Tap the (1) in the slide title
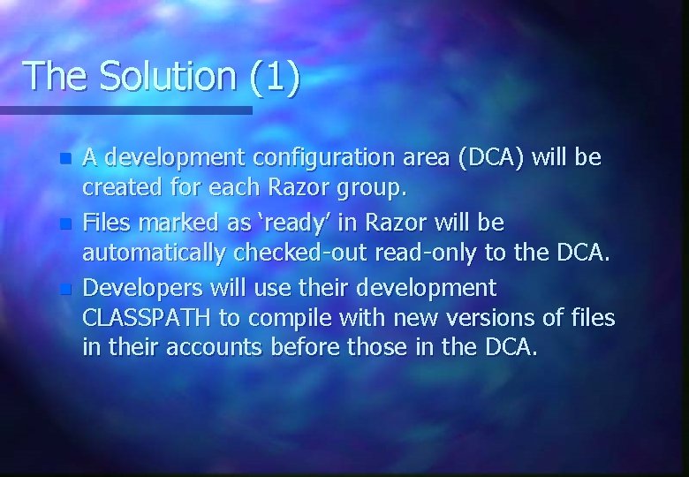click(275, 78)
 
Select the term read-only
click(406, 254)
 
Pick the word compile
click(285, 318)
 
